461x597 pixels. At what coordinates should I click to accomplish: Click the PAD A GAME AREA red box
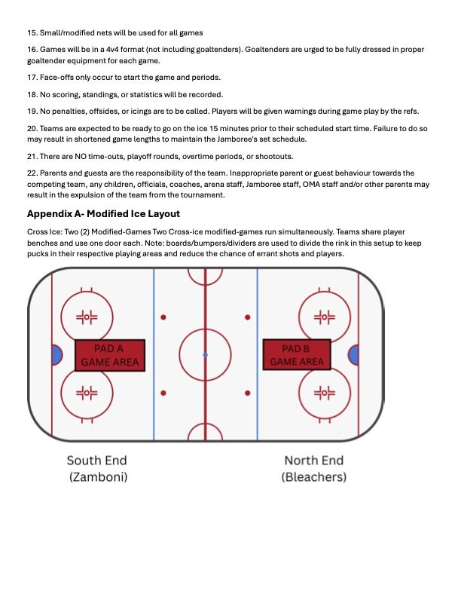pos(109,354)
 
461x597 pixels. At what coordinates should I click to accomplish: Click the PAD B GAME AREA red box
pos(297,354)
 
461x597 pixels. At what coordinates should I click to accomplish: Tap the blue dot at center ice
pos(205,354)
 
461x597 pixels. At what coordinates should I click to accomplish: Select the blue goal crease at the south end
pos(56,354)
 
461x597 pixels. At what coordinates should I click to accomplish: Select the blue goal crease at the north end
pos(353,354)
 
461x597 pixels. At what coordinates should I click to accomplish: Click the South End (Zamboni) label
pos(96,468)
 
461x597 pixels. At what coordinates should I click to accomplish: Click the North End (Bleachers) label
pos(314,468)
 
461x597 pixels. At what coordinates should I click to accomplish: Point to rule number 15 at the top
pos(32,32)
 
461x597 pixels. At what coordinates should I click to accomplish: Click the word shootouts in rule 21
pos(273,156)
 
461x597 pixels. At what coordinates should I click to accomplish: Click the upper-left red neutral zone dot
pos(163,317)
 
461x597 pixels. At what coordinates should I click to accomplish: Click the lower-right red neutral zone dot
pos(247,393)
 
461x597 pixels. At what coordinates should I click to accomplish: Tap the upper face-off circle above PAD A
pos(87,317)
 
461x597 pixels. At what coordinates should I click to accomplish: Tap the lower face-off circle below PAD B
pos(325,393)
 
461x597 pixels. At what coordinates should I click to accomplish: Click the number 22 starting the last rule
pos(32,173)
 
